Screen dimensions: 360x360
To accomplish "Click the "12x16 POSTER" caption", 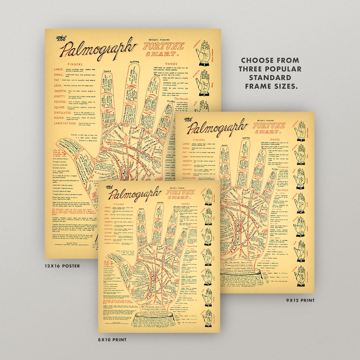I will coord(63,266).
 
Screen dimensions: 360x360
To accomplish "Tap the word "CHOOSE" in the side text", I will coord(256,60).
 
